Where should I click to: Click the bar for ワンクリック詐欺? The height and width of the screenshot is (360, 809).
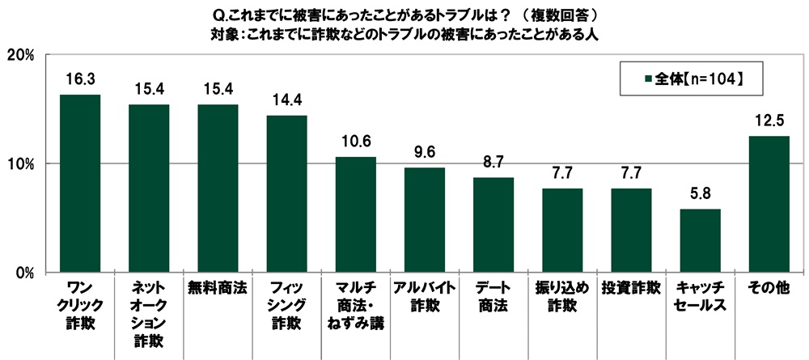tap(80, 184)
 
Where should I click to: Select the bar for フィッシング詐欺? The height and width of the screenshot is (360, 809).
tap(287, 194)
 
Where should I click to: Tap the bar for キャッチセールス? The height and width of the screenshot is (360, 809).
tap(700, 241)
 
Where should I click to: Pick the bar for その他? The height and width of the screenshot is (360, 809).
tap(769, 205)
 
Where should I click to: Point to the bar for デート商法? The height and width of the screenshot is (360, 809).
tap(493, 225)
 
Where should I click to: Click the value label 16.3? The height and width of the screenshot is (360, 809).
tap(80, 80)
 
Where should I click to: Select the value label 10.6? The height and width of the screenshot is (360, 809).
tap(356, 142)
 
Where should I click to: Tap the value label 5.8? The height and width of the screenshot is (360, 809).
tap(700, 195)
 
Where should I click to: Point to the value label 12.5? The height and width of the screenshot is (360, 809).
tap(769, 122)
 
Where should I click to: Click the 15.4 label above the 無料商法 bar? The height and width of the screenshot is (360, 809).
tap(218, 90)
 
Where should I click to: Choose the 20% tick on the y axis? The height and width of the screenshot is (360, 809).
tap(19, 54)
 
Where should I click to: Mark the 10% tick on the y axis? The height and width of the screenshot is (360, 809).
tap(19, 164)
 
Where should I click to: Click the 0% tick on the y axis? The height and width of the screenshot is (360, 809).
tap(23, 273)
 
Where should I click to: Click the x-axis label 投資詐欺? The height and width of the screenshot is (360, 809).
tap(631, 288)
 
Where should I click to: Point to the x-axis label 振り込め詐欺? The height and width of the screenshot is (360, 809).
tap(562, 296)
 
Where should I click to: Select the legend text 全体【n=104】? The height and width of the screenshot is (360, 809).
tap(698, 79)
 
